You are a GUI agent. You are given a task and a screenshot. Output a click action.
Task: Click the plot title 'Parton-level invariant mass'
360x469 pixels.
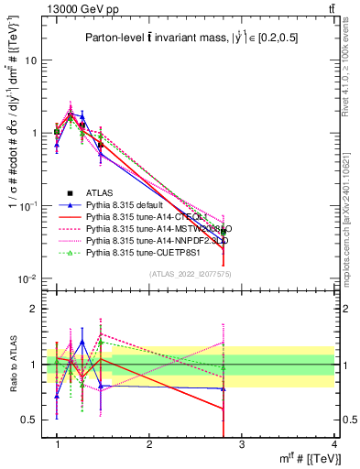(189, 38)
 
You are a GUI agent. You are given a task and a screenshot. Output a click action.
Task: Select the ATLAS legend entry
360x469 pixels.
(101, 192)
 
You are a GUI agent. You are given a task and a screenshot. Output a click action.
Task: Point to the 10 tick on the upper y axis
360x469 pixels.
(30, 60)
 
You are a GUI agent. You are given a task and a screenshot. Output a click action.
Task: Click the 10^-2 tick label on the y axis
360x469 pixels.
(27, 278)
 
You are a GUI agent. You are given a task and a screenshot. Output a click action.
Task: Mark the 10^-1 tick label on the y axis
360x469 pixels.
(27, 206)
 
